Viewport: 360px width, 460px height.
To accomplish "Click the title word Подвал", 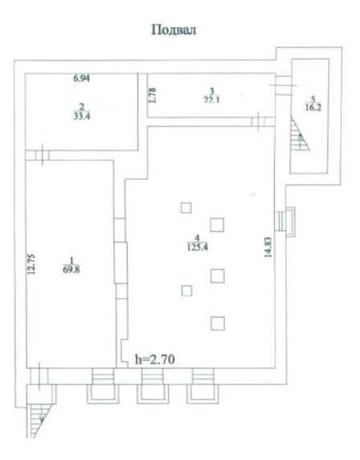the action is click(174, 30).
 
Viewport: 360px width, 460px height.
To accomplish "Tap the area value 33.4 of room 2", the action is click(82, 116).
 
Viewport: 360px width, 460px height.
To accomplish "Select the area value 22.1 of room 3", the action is click(212, 100).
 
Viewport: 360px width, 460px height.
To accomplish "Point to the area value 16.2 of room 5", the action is click(313, 108).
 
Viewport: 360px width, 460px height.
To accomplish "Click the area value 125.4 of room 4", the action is click(198, 247).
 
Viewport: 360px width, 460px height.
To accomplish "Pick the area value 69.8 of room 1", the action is click(71, 270).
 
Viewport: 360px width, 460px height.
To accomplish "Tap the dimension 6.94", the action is click(82, 79).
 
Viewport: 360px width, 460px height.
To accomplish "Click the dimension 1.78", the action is click(153, 96).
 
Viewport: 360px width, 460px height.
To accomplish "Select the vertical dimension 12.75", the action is click(31, 264).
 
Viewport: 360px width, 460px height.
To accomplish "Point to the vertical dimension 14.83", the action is click(268, 247).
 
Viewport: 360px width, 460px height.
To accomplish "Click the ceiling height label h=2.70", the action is click(155, 359).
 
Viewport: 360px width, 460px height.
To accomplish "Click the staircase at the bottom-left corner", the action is click(39, 421).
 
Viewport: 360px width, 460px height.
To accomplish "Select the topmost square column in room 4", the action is click(186, 208).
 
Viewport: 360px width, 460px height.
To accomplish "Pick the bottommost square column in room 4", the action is click(218, 324).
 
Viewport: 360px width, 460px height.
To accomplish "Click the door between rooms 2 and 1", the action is click(43, 155).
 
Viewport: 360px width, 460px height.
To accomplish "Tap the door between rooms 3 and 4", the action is click(258, 121).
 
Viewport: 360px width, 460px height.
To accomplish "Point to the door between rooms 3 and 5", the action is click(283, 85).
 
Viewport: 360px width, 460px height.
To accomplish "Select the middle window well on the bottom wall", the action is click(153, 386).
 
